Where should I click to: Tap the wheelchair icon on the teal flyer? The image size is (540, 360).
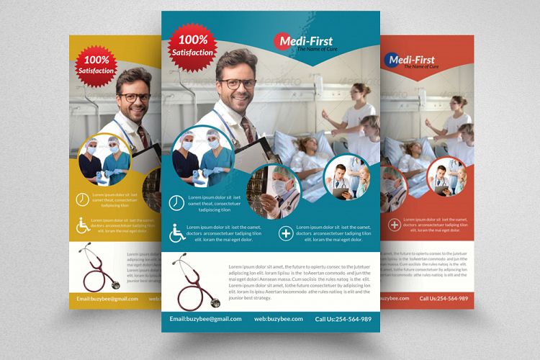coord(177,233)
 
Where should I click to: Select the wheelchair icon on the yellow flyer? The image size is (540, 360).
coord(83,225)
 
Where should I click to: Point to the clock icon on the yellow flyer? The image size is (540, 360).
coord(82,199)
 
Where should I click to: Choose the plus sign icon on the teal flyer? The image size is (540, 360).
coord(286,234)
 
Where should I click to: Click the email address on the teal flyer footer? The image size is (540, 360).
coord(205,319)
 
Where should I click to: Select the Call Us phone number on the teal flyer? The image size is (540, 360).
coord(343,319)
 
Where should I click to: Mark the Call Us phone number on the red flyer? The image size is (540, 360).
coord(444,298)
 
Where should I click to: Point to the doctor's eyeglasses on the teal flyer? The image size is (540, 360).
coord(238,84)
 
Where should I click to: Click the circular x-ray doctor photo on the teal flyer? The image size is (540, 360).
coord(274,191)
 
